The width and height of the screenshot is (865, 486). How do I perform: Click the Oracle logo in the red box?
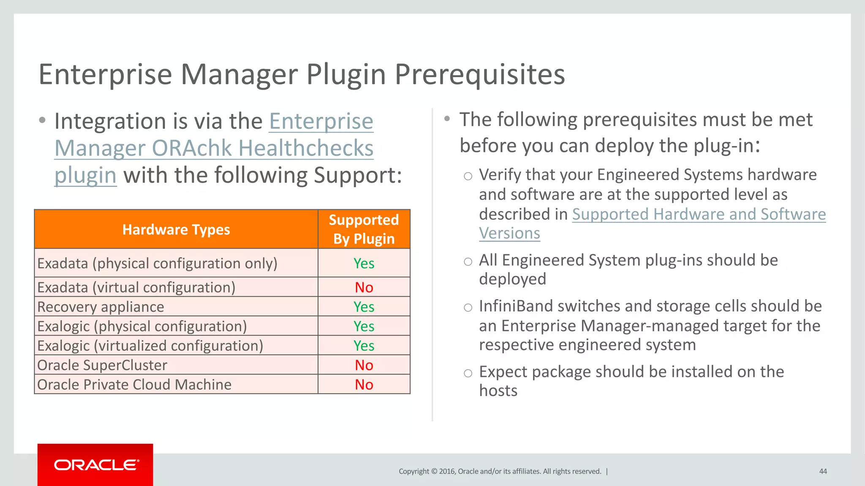(96, 465)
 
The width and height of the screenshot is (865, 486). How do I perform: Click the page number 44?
(823, 471)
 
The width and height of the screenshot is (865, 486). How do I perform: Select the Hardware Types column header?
(176, 229)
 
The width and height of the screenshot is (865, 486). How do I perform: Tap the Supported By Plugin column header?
(364, 229)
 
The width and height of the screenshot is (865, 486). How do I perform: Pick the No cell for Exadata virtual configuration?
(364, 287)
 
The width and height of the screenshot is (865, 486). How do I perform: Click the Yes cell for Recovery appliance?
(364, 307)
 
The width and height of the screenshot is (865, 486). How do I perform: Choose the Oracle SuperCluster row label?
(102, 365)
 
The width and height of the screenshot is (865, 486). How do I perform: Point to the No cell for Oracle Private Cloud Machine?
(364, 384)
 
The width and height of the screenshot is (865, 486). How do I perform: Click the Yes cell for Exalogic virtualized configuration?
(364, 346)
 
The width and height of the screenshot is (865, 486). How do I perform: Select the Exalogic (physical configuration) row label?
(142, 326)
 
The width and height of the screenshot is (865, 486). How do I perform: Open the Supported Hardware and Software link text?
(699, 214)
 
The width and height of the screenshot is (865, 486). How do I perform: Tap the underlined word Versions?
(509, 233)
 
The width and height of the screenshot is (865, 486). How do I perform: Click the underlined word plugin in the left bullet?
(85, 175)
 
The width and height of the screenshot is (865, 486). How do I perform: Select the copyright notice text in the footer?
(500, 471)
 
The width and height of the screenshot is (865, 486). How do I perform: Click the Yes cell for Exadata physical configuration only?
(364, 263)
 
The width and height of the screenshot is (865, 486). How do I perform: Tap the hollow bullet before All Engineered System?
(468, 262)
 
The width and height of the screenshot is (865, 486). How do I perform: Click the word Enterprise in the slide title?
(105, 75)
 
